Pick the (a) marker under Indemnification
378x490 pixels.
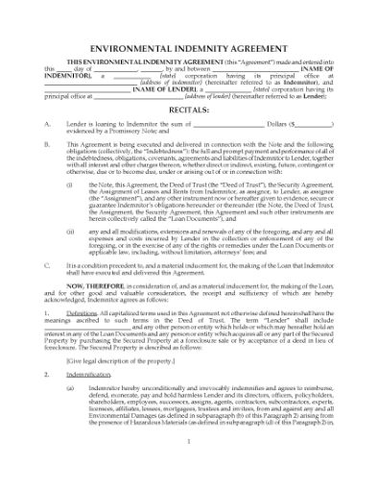pyautogui.click(x=69, y=387)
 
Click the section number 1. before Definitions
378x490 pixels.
pyautogui.click(x=46, y=314)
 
